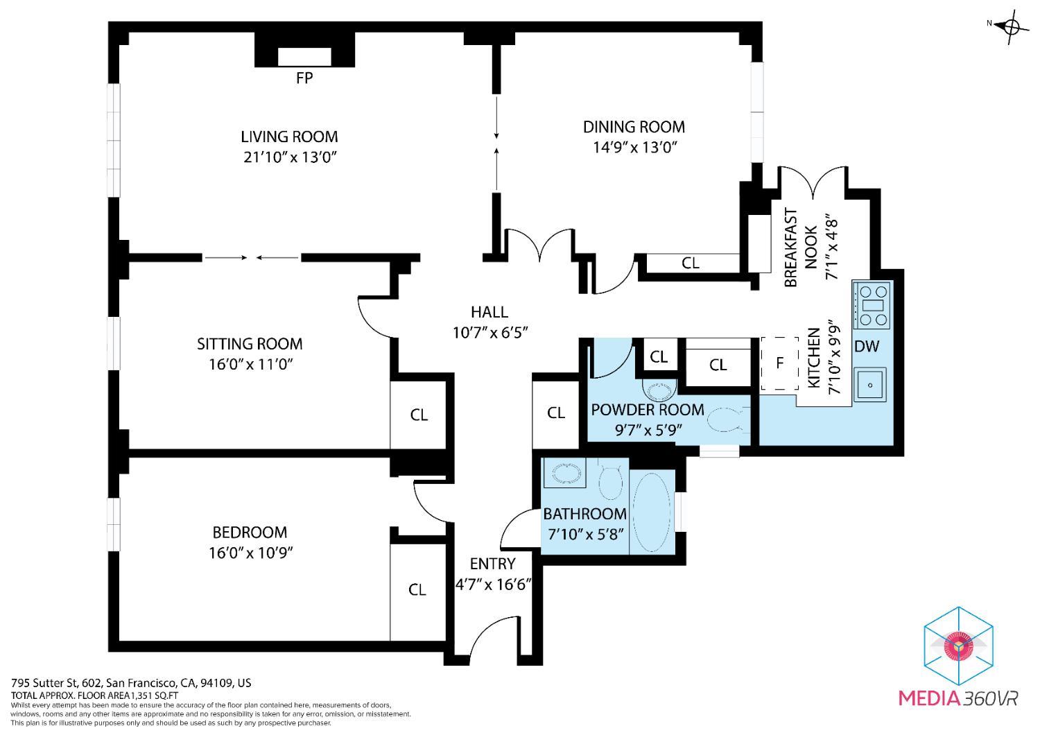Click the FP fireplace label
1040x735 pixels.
304,78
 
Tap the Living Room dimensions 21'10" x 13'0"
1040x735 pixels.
290,157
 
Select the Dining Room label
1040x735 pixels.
634,127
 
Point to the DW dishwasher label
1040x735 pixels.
867,346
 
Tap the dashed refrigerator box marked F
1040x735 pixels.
780,363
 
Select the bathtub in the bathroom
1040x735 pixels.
652,512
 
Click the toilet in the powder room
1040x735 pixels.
728,420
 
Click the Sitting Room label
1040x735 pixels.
250,344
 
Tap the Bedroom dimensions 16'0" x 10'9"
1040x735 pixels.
251,553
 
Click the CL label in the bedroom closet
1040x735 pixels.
417,589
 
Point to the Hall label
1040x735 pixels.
489,312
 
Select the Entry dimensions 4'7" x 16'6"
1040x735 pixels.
493,584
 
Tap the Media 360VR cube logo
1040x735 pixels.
958,646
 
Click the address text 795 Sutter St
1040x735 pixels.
45,683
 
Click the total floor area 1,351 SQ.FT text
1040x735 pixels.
157,695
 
